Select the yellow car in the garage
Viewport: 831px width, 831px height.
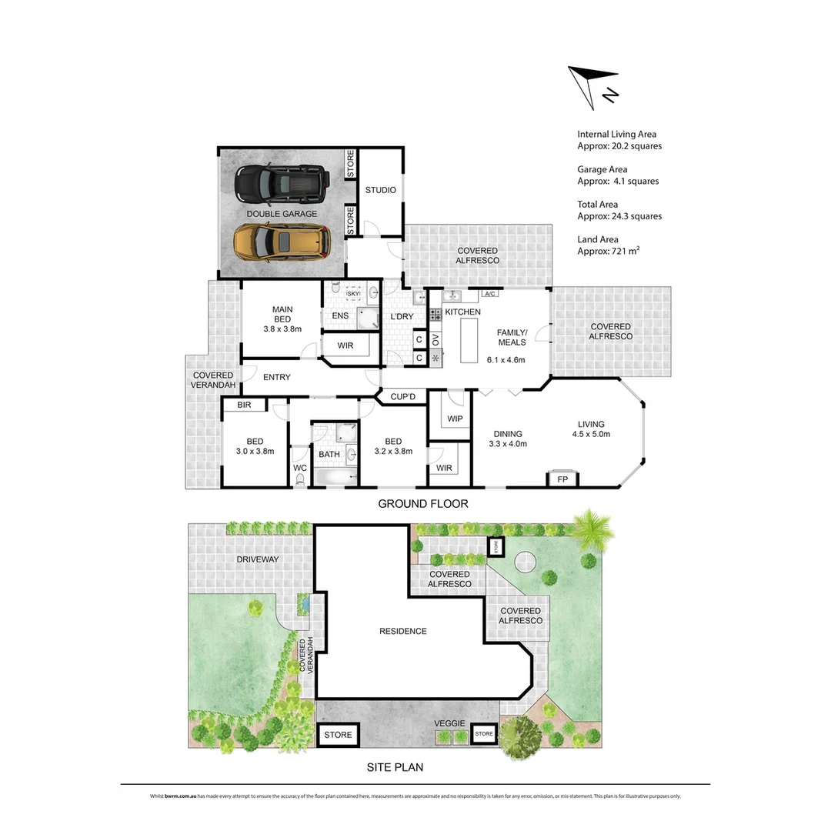click(282, 241)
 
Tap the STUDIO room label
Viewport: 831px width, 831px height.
click(381, 190)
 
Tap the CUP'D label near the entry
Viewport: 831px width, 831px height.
click(402, 397)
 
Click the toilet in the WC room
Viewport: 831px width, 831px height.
click(299, 479)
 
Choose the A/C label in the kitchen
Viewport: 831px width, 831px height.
click(489, 294)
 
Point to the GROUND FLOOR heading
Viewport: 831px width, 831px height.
click(422, 504)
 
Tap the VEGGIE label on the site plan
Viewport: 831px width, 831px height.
click(448, 724)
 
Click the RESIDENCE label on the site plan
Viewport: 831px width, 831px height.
click(402, 631)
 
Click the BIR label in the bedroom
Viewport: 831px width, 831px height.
click(245, 405)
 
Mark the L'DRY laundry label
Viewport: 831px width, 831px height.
click(403, 317)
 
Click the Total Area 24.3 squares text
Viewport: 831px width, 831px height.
click(619, 210)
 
